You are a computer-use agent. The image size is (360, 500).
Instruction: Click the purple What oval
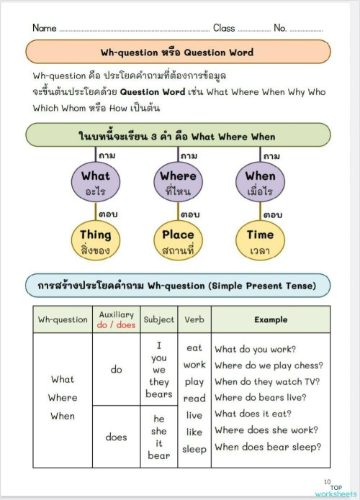coord(95,183)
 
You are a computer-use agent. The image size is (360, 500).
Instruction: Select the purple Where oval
coord(178,183)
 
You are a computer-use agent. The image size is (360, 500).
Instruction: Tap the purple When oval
coord(260,183)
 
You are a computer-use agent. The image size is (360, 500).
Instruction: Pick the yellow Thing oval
coord(95,242)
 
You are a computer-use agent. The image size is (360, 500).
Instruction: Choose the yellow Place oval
coord(178,242)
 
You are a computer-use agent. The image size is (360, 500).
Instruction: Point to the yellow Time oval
coord(260,242)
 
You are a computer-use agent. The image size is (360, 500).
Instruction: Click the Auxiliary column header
coord(116,319)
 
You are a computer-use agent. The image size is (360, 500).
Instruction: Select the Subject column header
coord(159,319)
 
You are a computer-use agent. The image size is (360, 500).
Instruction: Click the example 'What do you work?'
coord(255,349)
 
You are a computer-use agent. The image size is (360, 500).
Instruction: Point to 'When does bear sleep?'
coord(267,447)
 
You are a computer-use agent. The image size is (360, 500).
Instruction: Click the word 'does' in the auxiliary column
coord(116,437)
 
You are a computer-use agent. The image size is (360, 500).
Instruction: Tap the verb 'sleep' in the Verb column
coord(194,450)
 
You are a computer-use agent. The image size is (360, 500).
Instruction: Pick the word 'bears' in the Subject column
coord(159,394)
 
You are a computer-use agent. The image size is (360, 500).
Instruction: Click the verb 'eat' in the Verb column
coord(194,347)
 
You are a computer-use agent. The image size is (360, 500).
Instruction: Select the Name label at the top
coord(44,28)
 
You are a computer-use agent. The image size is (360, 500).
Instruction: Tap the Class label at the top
coord(224,28)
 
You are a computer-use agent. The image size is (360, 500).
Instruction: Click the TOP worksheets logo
coord(336,490)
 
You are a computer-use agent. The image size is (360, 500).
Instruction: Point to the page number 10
coord(327,482)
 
